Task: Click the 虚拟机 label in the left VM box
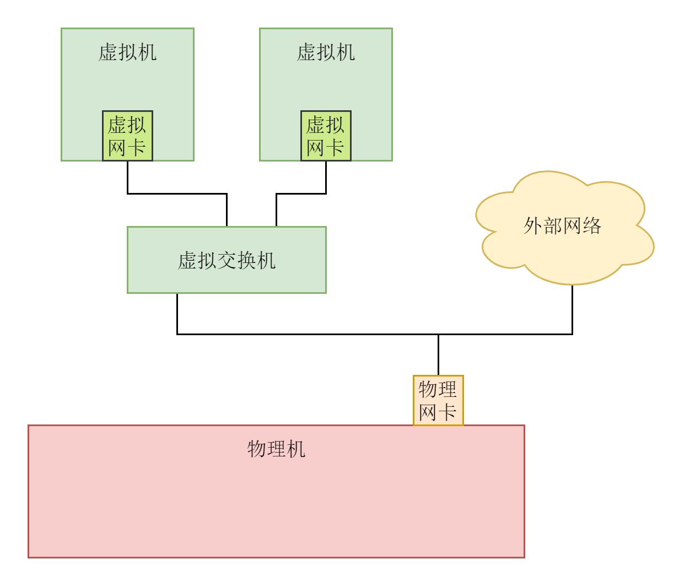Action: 127,52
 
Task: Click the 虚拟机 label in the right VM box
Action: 326,52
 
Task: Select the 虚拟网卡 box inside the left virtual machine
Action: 127,136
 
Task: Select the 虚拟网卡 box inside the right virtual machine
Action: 326,136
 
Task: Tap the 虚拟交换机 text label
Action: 227,260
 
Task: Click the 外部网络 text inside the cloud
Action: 562,226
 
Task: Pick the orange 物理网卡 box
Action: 438,400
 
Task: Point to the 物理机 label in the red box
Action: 276,449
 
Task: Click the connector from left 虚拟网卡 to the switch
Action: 176,193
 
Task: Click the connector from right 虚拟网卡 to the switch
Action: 301,193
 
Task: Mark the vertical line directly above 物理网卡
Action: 438,354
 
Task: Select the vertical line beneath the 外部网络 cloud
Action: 572,309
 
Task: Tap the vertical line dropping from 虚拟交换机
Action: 177,313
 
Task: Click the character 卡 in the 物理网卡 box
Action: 447,412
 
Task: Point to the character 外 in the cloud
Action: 533,226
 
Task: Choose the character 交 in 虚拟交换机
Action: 227,260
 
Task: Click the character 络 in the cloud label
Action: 592,226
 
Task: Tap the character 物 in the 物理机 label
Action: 257,449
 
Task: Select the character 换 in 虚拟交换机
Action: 246,260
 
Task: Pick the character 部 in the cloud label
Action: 552,226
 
